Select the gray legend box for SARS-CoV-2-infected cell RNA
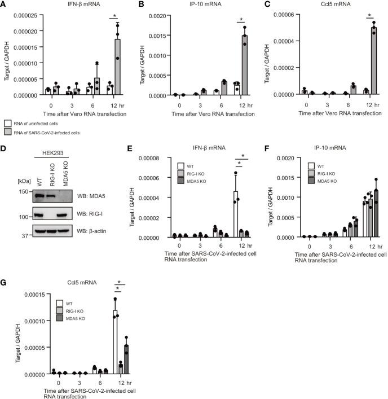point(7,130)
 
